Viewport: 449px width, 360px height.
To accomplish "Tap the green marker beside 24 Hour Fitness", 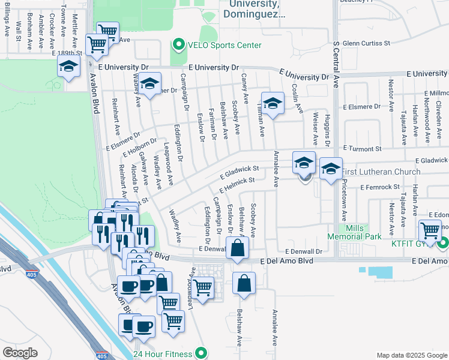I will tap(202, 353).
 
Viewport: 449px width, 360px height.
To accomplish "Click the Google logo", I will tap(20, 353).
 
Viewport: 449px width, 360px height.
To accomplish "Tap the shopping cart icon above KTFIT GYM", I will tap(430, 230).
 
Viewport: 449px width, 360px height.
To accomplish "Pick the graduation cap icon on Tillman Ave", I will tap(273, 104).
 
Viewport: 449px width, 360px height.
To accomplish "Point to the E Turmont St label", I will tap(363, 148).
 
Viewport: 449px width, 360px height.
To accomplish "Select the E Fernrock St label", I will tap(380, 188).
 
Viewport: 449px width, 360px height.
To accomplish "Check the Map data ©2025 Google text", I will tap(411, 355).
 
